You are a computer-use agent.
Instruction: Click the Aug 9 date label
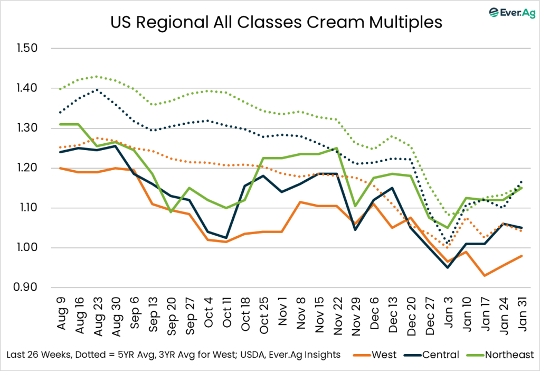point(60,312)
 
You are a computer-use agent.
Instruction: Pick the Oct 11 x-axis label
point(226,314)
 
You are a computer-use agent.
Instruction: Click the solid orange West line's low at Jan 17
point(485,275)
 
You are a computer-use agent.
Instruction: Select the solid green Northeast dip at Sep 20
point(171,212)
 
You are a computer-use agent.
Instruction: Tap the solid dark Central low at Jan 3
point(448,267)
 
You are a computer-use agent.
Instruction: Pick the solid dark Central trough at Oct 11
point(226,238)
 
